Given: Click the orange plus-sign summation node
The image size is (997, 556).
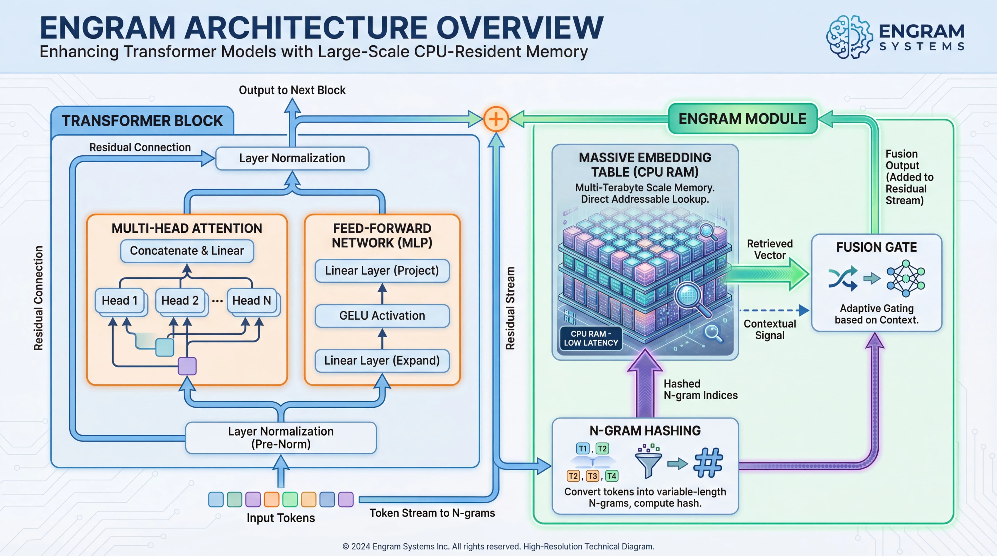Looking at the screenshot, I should click(496, 119).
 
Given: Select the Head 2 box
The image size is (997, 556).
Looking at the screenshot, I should click(180, 300).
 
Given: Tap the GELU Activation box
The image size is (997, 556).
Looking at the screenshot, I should click(382, 315).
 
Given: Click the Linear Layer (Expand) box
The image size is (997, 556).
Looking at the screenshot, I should click(382, 360).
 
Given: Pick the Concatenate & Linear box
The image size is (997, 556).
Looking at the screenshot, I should click(187, 251).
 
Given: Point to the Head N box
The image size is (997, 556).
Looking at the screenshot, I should click(252, 300).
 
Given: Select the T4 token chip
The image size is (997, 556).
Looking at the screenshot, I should click(611, 476).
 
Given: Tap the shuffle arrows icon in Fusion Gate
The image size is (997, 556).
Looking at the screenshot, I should click(843, 278).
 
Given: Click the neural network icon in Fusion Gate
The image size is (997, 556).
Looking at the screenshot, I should click(906, 278).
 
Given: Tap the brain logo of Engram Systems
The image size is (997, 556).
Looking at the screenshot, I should click(849, 37).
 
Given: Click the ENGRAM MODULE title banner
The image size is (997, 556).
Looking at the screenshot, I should click(742, 119).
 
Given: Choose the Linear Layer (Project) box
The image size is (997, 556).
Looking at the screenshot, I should click(382, 271).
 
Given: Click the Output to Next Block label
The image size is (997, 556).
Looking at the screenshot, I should click(292, 90).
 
